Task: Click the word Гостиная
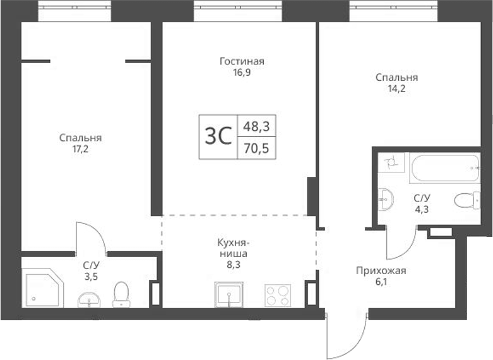[x=241, y=61]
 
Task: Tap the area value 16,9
[x=241, y=72]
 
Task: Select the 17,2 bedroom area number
[x=80, y=149]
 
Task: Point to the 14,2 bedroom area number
[x=396, y=89]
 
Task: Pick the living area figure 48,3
[x=256, y=126]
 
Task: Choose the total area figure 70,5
[x=256, y=150]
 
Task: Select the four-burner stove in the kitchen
[x=276, y=296]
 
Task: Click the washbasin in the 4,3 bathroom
[x=386, y=199]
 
